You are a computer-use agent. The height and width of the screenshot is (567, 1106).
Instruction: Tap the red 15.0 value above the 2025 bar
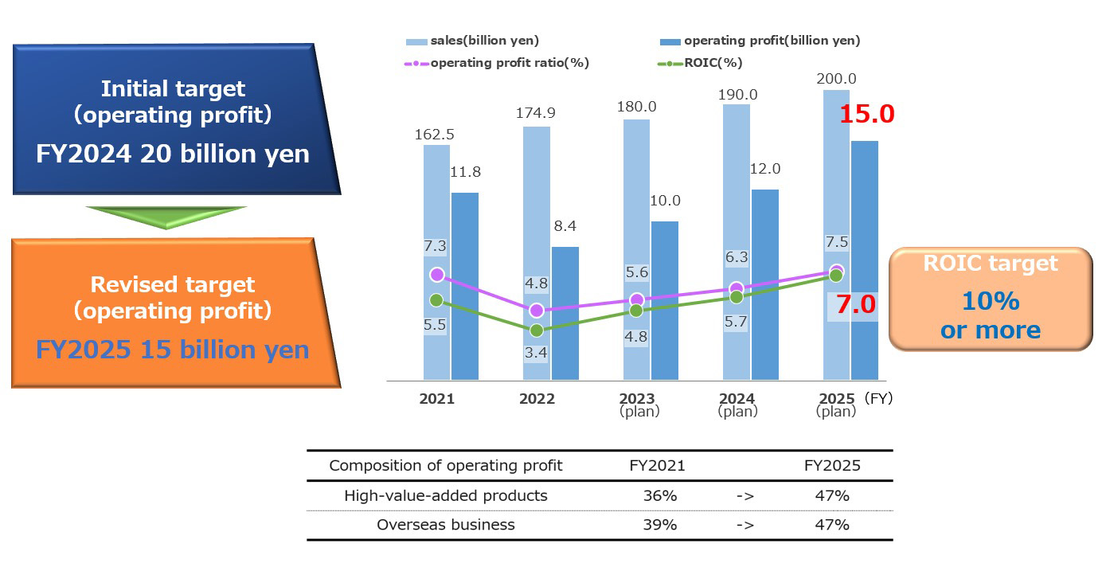coord(867,114)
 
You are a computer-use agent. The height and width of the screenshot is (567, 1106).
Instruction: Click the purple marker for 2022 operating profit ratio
coord(537,310)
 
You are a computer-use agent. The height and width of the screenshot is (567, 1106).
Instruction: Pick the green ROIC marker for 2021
coord(436,300)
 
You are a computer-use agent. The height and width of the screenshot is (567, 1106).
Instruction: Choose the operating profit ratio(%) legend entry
coord(497,63)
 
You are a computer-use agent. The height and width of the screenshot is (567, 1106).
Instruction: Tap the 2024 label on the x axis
coord(737,398)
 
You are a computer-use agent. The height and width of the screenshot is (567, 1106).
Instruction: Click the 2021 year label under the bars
coord(437,398)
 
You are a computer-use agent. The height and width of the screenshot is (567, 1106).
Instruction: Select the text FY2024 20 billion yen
coord(173,153)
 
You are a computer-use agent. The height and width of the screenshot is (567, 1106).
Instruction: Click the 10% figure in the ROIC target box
coord(991,301)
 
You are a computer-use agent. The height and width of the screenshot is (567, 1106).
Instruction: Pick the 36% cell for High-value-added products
coord(660,495)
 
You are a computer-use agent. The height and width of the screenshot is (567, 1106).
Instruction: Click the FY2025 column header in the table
coord(832,466)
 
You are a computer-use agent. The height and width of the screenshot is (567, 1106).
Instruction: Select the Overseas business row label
coord(446,525)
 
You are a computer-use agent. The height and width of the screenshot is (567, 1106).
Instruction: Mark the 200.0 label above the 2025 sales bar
coord(836,79)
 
